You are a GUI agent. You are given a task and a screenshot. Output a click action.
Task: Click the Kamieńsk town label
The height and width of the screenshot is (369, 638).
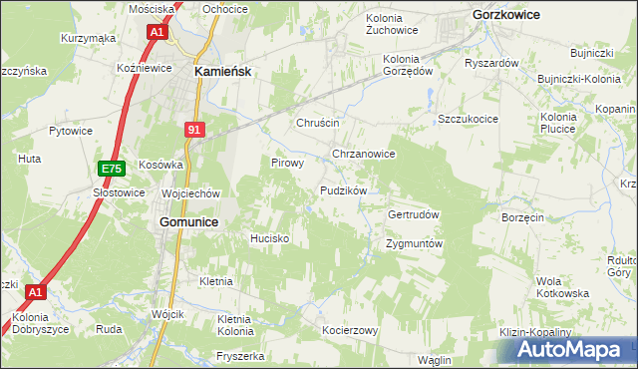(220, 72)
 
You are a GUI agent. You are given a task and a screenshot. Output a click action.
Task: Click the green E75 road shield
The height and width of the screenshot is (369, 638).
(111, 171)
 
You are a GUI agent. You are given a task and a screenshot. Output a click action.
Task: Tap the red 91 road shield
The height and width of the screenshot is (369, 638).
(195, 129)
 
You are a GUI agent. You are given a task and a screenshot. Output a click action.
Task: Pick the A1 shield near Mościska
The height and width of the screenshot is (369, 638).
(158, 32)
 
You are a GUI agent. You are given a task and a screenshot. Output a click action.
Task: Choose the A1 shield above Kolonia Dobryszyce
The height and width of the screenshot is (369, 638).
(36, 292)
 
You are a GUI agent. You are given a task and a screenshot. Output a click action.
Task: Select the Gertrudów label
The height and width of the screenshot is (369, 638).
(413, 214)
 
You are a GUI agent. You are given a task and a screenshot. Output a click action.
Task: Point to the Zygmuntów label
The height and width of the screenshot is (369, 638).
(413, 244)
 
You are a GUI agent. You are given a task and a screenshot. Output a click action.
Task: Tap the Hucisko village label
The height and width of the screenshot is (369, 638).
(269, 239)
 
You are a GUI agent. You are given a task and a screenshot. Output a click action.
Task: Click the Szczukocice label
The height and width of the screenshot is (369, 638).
(468, 119)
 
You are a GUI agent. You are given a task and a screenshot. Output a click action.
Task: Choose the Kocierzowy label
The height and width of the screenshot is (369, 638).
(349, 330)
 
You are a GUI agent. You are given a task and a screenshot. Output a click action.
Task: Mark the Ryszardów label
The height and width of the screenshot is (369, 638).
(491, 63)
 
